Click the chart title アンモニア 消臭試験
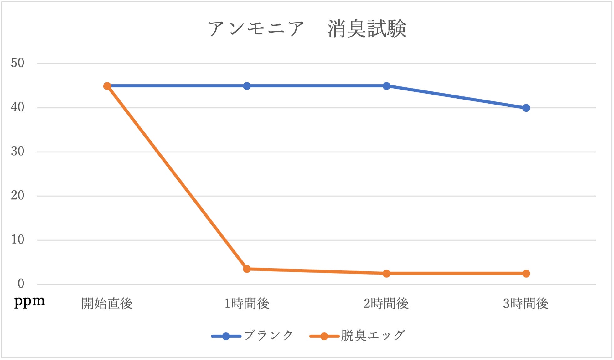point(307,29)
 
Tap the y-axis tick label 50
point(18,63)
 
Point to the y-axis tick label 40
point(18,107)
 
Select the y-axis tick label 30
point(18,152)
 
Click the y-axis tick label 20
point(18,196)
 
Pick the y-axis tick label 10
point(18,240)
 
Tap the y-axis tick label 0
point(21,284)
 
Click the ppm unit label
point(29,301)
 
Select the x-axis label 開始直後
point(107,304)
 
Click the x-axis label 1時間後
point(247,304)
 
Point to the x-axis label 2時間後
point(386,304)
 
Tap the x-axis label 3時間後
point(526,304)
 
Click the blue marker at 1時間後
point(247,86)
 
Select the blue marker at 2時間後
point(386,86)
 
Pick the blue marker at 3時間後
point(526,108)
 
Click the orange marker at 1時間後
point(247,269)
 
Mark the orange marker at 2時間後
point(386,273)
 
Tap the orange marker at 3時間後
point(526,273)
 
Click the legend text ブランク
point(268,336)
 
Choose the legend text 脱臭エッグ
point(373,336)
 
